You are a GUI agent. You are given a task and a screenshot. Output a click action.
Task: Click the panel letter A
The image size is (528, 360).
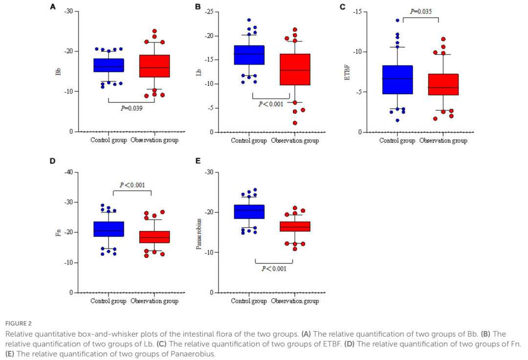pyautogui.click(x=53, y=6)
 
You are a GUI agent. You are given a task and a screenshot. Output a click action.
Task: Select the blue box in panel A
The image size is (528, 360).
pyautogui.click(x=109, y=65)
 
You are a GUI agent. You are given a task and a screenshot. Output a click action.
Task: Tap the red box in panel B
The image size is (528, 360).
pyautogui.click(x=295, y=69)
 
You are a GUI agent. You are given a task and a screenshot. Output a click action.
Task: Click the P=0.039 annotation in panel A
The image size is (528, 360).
pyautogui.click(x=132, y=108)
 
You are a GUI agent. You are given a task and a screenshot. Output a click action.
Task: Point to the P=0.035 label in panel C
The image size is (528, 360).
pyautogui.click(x=420, y=11)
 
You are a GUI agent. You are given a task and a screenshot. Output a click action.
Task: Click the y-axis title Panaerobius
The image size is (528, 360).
pyautogui.click(x=199, y=234)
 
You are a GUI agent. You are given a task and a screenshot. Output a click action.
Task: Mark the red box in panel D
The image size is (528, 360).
pyautogui.click(x=154, y=237)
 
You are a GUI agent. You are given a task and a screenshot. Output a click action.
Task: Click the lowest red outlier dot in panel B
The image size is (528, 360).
pyautogui.click(x=295, y=123)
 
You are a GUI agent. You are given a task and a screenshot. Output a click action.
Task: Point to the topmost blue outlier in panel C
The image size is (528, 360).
pyautogui.click(x=397, y=21)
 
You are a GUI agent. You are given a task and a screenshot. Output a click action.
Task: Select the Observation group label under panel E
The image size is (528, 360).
pyautogui.click(x=295, y=301)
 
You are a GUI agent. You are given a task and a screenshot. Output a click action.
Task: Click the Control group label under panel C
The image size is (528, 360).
pyautogui.click(x=397, y=141)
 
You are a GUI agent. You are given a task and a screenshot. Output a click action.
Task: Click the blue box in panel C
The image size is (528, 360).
pyautogui.click(x=397, y=80)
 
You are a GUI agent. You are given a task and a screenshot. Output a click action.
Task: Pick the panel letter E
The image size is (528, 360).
pyautogui.click(x=198, y=161)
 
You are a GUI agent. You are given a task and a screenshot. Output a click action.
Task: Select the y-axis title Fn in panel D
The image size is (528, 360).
pyautogui.click(x=58, y=232)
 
